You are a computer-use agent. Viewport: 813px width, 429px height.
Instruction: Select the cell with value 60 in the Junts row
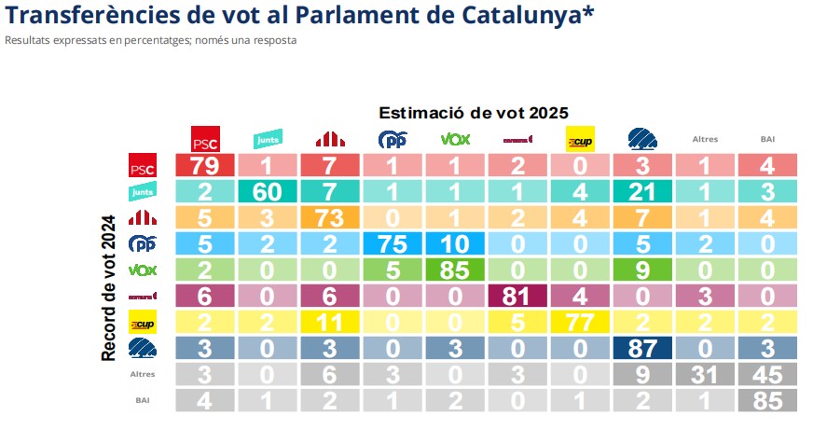tap(267, 193)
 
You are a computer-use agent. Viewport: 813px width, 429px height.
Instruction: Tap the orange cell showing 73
tap(329, 219)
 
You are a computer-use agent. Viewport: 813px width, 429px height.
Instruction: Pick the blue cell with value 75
tap(392, 244)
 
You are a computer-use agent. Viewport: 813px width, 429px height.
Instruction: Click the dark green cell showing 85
tap(454, 270)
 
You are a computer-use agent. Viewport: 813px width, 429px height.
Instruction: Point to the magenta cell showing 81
tap(517, 297)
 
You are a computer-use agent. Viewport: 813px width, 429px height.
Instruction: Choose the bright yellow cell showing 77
tap(579, 323)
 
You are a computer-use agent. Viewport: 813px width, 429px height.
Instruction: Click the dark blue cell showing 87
tap(641, 349)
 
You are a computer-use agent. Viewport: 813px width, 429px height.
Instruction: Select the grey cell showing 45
tap(767, 374)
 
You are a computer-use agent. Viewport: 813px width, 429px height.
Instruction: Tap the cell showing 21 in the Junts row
tap(641, 193)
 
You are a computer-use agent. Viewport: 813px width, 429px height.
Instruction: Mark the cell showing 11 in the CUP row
tap(329, 323)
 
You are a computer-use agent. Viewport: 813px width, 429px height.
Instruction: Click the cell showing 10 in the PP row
tap(454, 244)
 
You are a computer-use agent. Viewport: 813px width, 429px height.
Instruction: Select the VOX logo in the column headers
tap(454, 140)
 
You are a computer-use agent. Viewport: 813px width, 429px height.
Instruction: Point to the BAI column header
tap(767, 140)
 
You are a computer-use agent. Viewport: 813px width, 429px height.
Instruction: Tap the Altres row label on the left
tap(142, 374)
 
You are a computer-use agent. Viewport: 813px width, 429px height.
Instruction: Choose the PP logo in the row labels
tap(142, 244)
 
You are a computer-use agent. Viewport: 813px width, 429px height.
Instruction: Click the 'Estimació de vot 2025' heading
tap(473, 112)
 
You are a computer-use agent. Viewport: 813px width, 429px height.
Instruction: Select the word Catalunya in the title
tap(500, 16)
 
